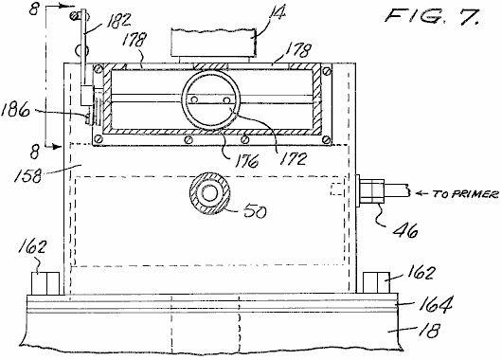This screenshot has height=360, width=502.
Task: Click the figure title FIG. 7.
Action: pyautogui.click(x=433, y=16)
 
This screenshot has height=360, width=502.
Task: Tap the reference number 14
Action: pyautogui.click(x=277, y=13)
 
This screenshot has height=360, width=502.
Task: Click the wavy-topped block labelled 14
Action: pyautogui.click(x=213, y=43)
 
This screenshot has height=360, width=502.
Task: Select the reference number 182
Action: pyautogui.click(x=118, y=21)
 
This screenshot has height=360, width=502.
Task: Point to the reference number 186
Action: pyautogui.click(x=15, y=110)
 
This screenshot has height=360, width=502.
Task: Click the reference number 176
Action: pyautogui.click(x=246, y=161)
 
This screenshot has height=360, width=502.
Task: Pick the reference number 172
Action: pyautogui.click(x=293, y=158)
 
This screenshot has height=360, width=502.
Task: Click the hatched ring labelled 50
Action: pyautogui.click(x=209, y=193)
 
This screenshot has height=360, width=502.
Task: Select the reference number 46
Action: pyautogui.click(x=405, y=230)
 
